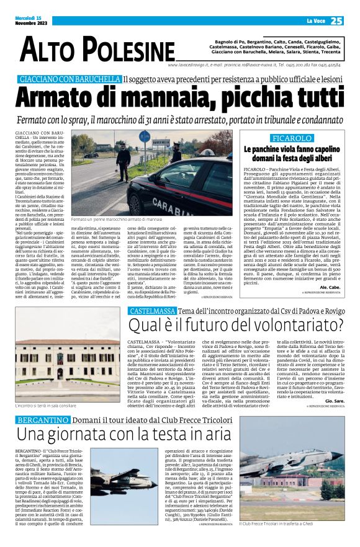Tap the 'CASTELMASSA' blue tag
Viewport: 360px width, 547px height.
151,311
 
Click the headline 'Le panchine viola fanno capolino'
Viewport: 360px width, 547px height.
290,149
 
